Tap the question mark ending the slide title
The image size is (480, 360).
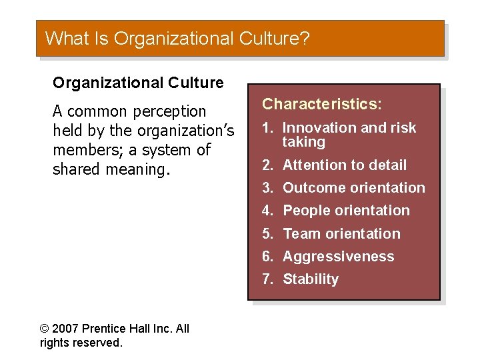[x=305, y=38]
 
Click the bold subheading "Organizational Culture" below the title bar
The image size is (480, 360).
[x=138, y=83]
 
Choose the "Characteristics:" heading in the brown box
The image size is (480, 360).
[x=322, y=104]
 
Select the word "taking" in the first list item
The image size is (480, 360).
[x=304, y=142]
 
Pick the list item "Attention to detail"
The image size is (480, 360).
[x=344, y=165]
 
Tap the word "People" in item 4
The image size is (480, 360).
[x=305, y=211]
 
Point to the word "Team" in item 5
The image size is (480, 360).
[x=301, y=234]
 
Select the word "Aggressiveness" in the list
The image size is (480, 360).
[x=338, y=257]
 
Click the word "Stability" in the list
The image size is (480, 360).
[x=311, y=279]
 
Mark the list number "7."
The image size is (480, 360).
[x=267, y=279]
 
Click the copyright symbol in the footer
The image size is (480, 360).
[x=45, y=329]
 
